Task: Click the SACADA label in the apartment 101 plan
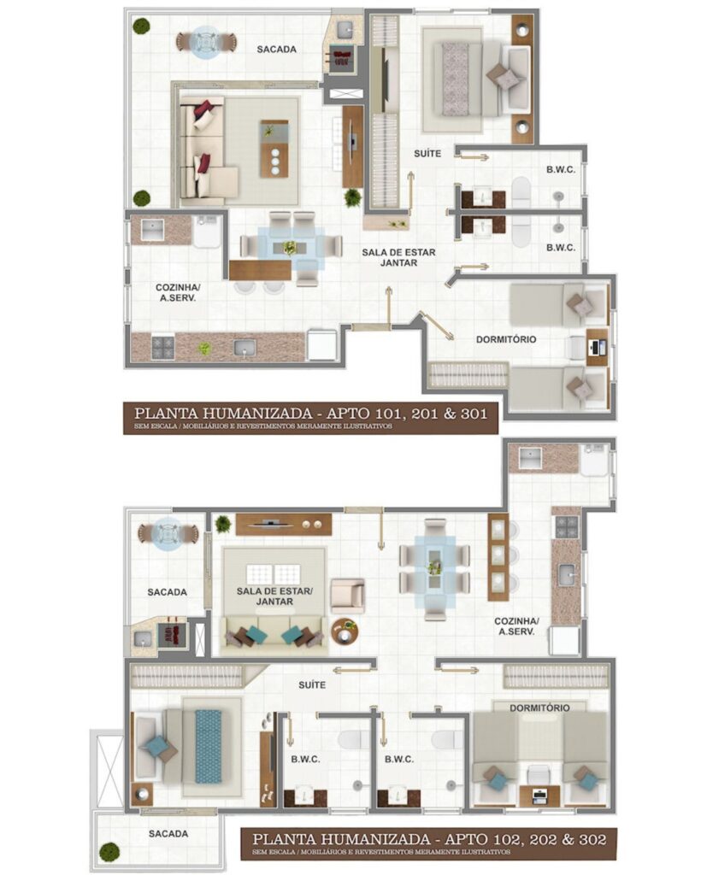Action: [276, 50]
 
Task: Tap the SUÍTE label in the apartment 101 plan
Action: [427, 154]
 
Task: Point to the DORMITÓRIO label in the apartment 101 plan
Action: [506, 339]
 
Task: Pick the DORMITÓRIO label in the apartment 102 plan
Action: [539, 708]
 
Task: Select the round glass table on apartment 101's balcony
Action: [205, 41]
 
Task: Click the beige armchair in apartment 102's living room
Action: [347, 596]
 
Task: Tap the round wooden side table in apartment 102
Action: [345, 631]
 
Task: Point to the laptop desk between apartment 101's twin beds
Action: [597, 346]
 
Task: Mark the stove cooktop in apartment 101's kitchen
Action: [162, 347]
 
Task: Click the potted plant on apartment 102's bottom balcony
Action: [109, 851]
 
